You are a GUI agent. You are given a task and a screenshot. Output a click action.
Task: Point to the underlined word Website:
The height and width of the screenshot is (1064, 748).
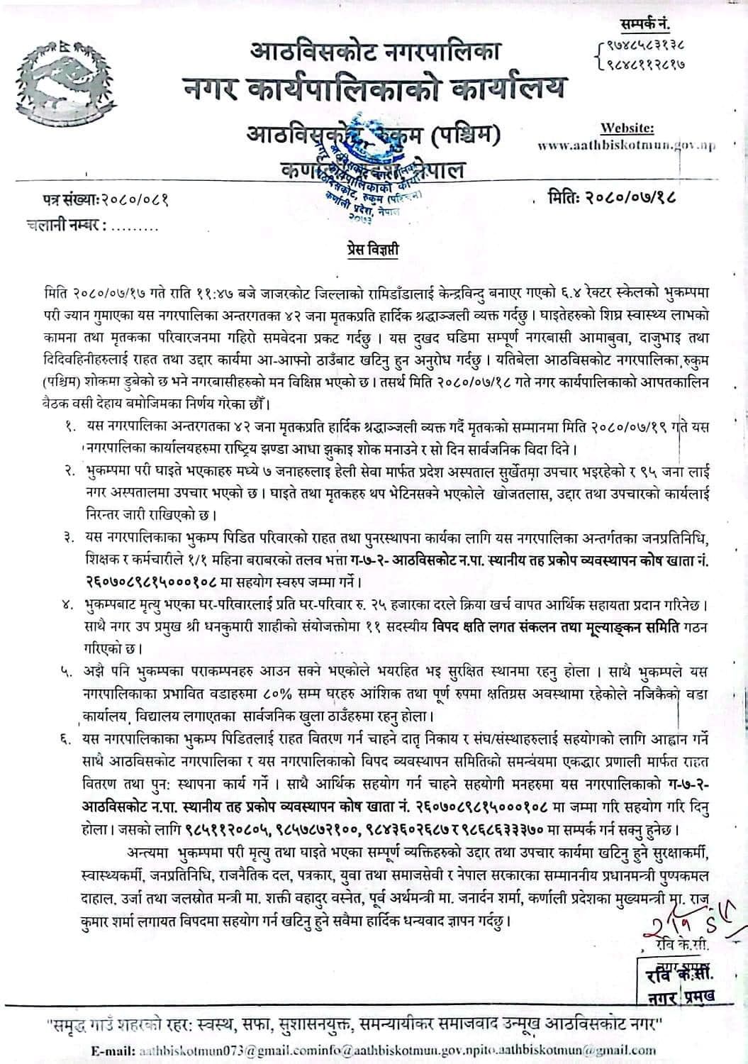click(x=627, y=128)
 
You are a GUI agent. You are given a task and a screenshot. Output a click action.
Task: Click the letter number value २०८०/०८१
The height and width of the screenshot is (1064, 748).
click(x=135, y=202)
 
